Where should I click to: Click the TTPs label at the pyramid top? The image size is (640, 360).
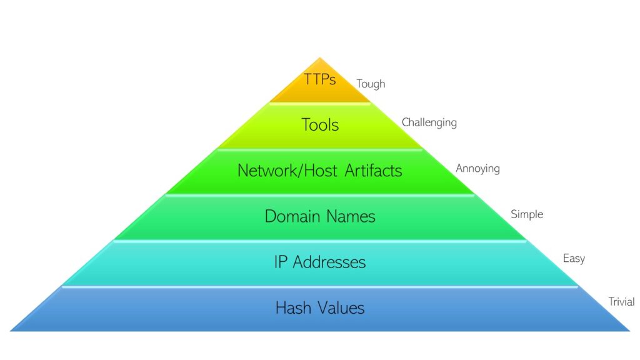pyautogui.click(x=320, y=80)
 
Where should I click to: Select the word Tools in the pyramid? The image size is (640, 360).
pyautogui.click(x=320, y=125)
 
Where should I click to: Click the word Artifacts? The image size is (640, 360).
pyautogui.click(x=370, y=170)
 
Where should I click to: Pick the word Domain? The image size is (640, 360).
pyautogui.click(x=292, y=216)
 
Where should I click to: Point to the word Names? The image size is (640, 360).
pyautogui.click(x=351, y=216)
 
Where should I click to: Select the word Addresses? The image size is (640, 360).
pyautogui.click(x=328, y=262)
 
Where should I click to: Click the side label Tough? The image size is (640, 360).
pyautogui.click(x=371, y=84)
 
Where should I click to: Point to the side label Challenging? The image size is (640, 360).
pyautogui.click(x=429, y=122)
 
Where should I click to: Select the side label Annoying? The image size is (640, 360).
pyautogui.click(x=477, y=169)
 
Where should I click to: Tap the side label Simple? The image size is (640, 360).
pyautogui.click(x=527, y=214)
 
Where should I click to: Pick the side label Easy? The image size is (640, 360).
pyautogui.click(x=574, y=258)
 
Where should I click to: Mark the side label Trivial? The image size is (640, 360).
pyautogui.click(x=621, y=302)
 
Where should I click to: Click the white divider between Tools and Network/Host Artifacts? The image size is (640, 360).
pyautogui.click(x=320, y=149)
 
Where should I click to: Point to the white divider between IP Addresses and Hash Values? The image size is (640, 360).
pyautogui.click(x=320, y=286)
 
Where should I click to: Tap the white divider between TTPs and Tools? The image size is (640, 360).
pyautogui.click(x=320, y=103)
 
